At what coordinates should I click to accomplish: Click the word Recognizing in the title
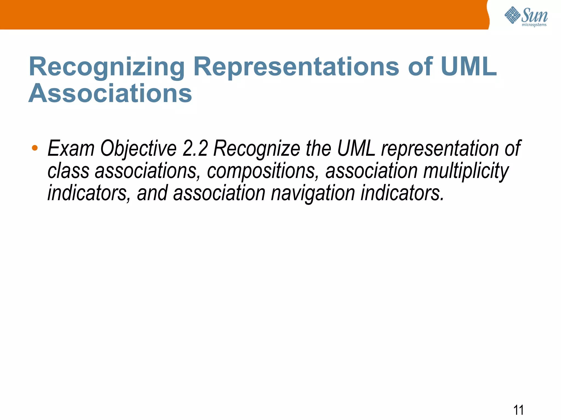(107, 67)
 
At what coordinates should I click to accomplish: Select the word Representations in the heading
(296, 67)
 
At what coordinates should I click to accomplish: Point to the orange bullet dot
(35, 148)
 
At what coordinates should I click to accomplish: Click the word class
(68, 171)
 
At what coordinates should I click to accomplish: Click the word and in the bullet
(152, 193)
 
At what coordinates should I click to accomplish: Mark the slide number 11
(518, 410)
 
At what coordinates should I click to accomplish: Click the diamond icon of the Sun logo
(512, 15)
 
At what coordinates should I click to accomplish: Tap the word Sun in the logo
(534, 15)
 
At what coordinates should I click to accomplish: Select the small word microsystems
(534, 25)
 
